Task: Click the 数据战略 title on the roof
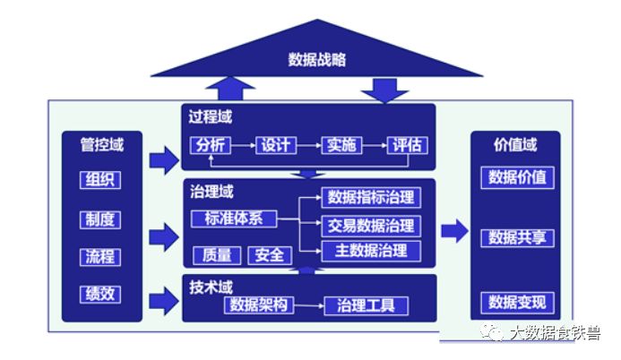click(x=317, y=60)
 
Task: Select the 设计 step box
click(x=277, y=145)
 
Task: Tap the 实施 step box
click(x=342, y=145)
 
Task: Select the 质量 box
click(x=217, y=255)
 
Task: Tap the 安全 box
click(x=269, y=255)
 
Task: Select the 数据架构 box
click(x=258, y=305)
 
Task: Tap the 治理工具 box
click(x=365, y=305)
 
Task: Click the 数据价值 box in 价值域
click(x=517, y=176)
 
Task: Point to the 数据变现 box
click(x=517, y=302)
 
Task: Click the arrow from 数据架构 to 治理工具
click(x=310, y=306)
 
